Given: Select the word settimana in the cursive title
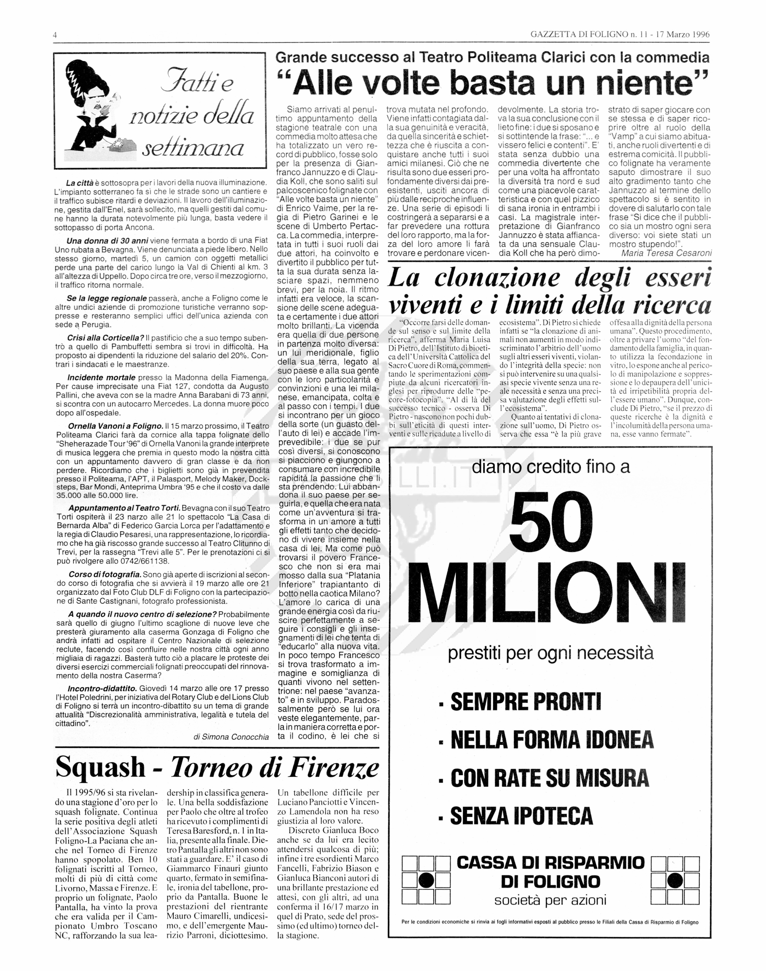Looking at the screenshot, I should (193, 147).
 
